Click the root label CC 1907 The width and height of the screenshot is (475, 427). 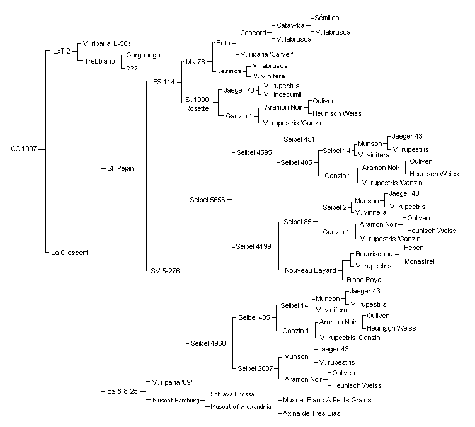pos(24,149)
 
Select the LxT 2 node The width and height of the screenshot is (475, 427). pos(62,51)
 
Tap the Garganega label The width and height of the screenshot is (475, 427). pos(143,55)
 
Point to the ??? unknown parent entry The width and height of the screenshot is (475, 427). pos(132,69)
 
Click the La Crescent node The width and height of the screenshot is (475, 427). pos(70,253)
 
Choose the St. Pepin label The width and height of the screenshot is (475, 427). pos(120,168)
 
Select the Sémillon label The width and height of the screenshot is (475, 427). pos(327,18)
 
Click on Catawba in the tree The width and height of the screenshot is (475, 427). pos(290,25)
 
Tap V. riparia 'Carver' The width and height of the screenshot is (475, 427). pos(266,55)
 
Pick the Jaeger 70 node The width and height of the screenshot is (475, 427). pos(239,90)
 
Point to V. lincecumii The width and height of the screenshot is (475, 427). pos(283,95)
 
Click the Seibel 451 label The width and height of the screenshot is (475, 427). pos(299,139)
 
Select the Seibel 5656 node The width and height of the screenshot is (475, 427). pos(207,200)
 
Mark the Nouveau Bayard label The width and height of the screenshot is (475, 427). pos(311,270)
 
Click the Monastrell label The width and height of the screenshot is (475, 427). pos(420,261)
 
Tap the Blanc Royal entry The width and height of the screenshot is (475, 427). pos(365,280)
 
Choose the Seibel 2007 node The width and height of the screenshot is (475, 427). pos(255,368)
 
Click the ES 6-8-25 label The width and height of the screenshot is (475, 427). pos(122,391)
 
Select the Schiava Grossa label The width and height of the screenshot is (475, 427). pos(232,394)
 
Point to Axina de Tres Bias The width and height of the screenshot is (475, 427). pos(311,413)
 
